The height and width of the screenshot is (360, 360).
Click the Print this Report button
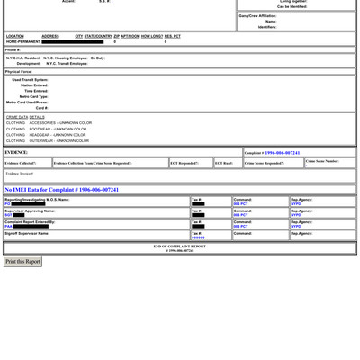[x=23, y=262]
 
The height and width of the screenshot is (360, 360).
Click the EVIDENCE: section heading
[x=17, y=153]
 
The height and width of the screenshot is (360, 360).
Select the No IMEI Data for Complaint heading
[x=61, y=190]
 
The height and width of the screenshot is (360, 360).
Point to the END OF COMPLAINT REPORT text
[x=179, y=246]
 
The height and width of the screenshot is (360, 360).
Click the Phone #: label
[x=13, y=49]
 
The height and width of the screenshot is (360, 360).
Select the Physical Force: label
[x=19, y=71]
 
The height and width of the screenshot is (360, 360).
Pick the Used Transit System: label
[x=30, y=80]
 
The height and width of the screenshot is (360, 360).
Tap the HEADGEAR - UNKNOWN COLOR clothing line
[x=47, y=135]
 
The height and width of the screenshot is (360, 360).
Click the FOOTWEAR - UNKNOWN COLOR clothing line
[x=47, y=129]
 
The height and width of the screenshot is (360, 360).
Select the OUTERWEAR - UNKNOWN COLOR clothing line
[x=48, y=141]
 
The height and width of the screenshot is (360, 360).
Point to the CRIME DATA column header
[x=17, y=117]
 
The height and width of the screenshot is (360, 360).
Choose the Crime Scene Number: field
[x=322, y=161]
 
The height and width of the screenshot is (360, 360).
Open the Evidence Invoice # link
[x=20, y=174]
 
